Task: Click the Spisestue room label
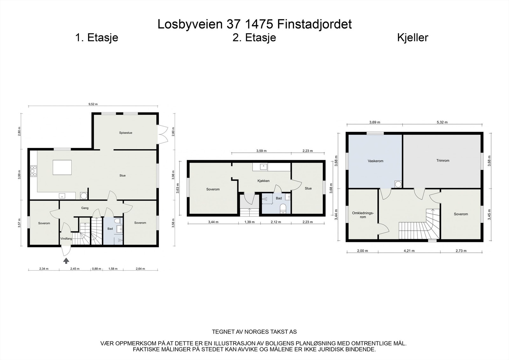pos(126,133)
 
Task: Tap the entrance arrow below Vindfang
pos(66,261)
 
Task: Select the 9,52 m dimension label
pos(92,104)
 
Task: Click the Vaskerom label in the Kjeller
pos(375,161)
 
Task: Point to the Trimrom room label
pos(443,161)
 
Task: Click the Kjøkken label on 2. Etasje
pos(263,181)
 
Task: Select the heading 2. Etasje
pos(254,38)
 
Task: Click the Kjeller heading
pos(413,38)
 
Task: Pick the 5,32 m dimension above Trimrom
pos(442,122)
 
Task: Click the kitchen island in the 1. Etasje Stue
pos(62,167)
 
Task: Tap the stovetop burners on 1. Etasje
pos(33,171)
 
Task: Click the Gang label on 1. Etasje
pos(85,208)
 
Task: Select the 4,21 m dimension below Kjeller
pos(409,251)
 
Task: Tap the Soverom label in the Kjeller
pos(461,214)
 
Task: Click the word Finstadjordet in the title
pos(314,24)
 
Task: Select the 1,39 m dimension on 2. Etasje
pos(249,222)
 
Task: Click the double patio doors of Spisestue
pos(162,134)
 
